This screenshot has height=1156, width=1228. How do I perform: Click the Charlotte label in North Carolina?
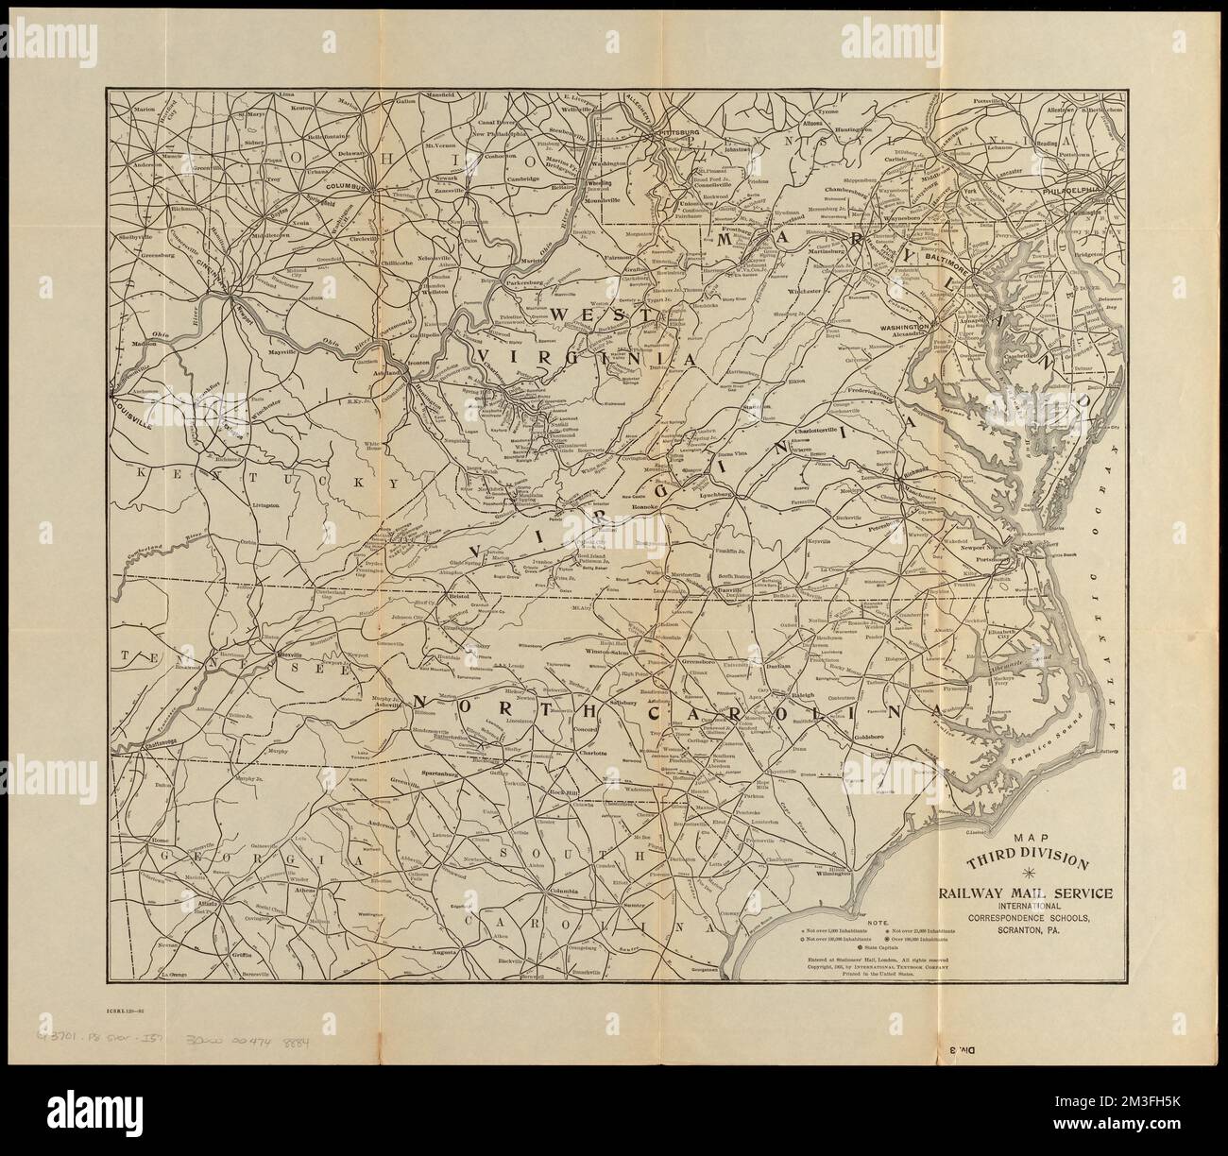(x=592, y=754)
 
